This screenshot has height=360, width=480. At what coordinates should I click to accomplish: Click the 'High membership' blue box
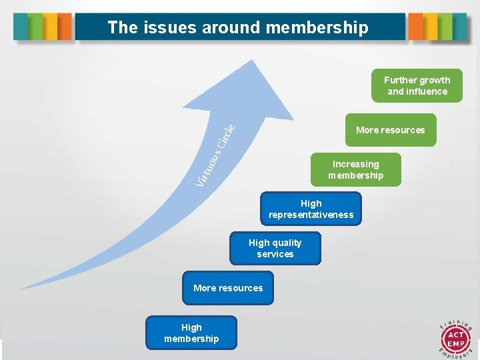pos(191,333)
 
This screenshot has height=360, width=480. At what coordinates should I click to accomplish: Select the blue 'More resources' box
pos(228,288)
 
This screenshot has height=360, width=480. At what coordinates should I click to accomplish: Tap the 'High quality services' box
pos(275,248)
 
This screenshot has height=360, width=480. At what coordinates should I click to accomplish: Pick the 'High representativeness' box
pos(311,209)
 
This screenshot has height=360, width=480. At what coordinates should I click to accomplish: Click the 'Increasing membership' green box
pos(355,169)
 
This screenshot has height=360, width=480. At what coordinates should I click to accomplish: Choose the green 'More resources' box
pos(390,130)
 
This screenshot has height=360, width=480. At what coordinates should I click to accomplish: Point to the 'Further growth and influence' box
pos(417,85)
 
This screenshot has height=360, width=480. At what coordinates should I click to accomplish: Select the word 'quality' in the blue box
pos(287,243)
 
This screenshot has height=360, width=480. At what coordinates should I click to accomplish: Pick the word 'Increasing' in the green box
pos(355,164)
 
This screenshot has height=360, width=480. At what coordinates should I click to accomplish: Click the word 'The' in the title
pos(122,27)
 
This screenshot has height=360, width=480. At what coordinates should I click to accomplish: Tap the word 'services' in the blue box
pos(275,254)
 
